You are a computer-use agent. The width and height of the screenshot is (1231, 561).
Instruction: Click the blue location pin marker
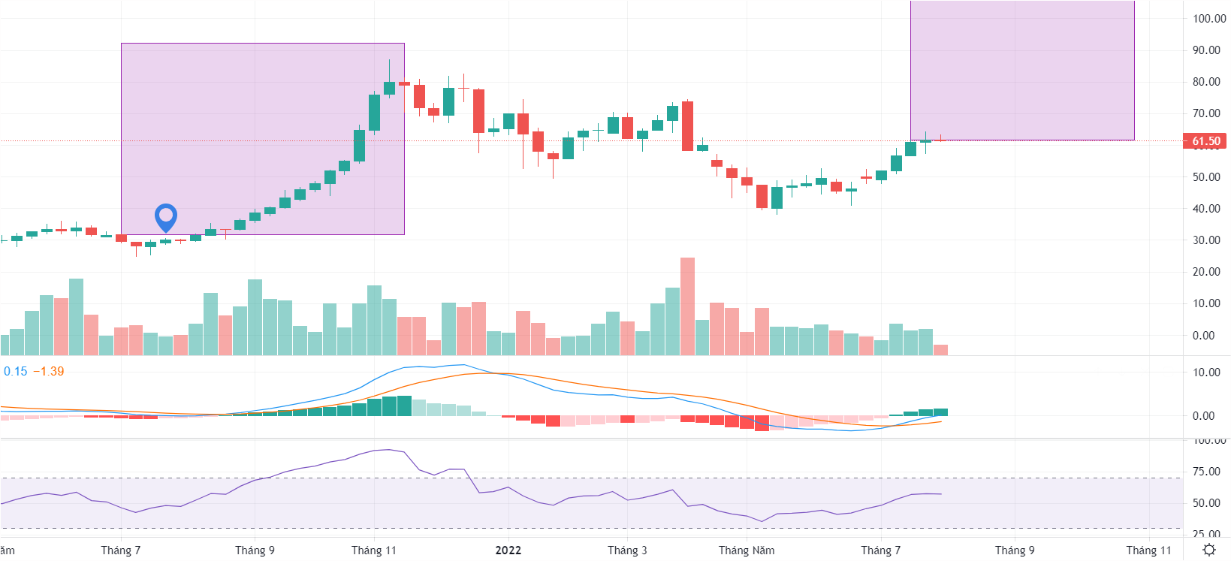click(165, 217)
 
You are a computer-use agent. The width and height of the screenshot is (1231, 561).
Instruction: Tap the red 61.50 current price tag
click(1205, 141)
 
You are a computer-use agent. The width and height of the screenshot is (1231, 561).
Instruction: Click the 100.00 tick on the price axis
click(1209, 19)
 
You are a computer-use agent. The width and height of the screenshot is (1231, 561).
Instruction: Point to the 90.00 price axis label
click(1206, 50)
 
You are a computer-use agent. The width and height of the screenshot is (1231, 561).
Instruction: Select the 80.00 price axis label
click(1206, 82)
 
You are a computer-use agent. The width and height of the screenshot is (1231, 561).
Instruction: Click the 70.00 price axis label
click(1206, 113)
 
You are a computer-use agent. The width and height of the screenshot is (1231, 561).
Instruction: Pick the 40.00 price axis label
click(1206, 209)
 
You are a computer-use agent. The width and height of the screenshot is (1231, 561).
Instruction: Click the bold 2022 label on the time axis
click(508, 550)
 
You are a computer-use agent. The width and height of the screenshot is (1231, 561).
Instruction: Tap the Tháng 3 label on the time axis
click(627, 550)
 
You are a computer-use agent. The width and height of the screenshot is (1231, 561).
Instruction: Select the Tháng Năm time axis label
click(746, 550)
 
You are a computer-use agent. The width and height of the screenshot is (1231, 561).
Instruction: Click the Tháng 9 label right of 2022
click(1014, 550)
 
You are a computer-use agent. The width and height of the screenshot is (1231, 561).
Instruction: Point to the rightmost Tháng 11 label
click(1148, 550)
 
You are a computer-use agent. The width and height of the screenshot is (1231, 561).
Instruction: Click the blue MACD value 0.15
click(15, 371)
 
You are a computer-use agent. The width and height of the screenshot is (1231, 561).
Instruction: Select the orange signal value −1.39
click(49, 371)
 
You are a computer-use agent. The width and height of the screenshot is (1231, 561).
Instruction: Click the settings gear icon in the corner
click(1208, 550)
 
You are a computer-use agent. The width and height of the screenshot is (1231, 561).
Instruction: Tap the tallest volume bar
click(687, 306)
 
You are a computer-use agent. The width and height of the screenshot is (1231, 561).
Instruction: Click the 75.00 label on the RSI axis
click(1206, 472)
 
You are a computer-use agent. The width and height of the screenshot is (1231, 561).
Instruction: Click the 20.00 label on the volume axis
click(1206, 272)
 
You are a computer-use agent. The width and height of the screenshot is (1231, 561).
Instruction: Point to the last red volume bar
click(940, 349)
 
